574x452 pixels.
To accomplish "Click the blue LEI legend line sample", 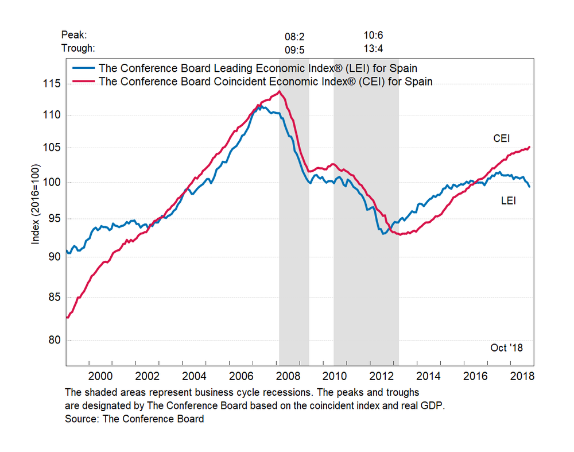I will pyautogui.click(x=83, y=68).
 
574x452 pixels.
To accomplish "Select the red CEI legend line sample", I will pyautogui.click(x=83, y=81).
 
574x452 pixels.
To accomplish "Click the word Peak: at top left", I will pyautogui.click(x=73, y=36).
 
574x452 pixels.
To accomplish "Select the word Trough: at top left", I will pyautogui.click(x=78, y=48).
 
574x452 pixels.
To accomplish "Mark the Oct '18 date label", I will pyautogui.click(x=506, y=348).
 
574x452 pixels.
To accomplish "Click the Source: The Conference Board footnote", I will pyautogui.click(x=134, y=419).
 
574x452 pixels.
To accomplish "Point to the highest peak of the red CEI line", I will pyautogui.click(x=279, y=91).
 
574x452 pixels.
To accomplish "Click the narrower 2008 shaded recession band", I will pyautogui.click(x=294, y=230).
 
